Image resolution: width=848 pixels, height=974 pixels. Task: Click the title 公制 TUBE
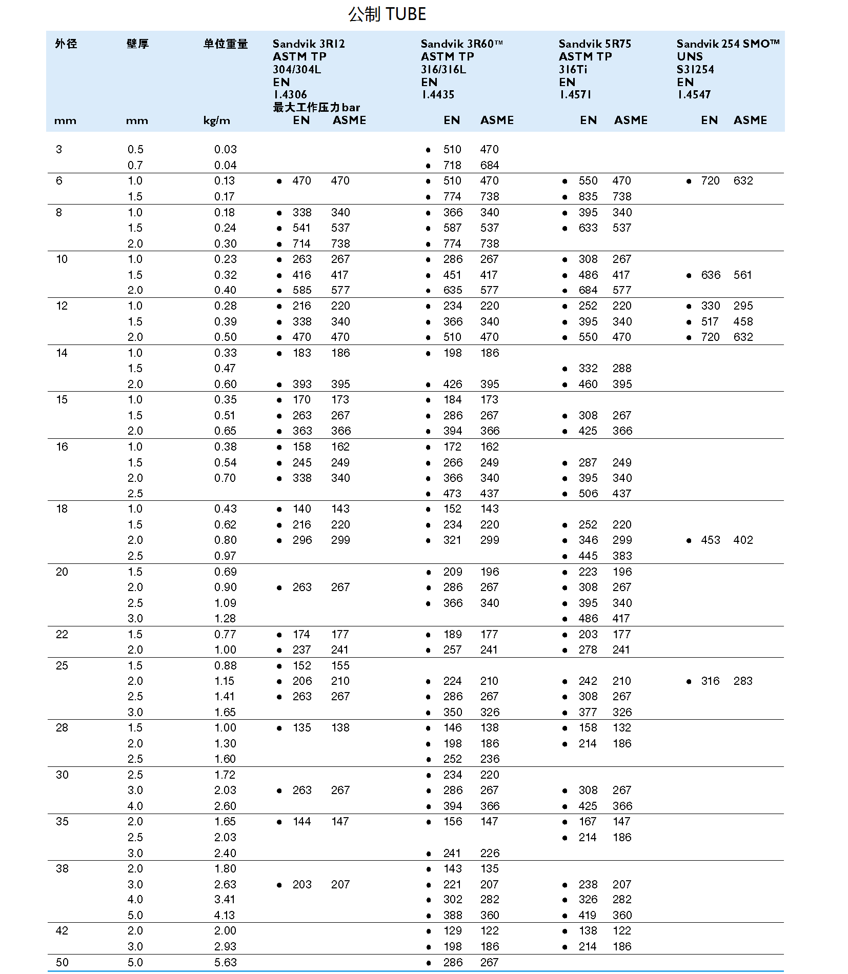387,14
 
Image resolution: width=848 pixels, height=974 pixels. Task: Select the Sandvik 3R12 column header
309,44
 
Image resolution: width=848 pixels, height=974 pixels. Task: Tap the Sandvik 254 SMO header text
728,44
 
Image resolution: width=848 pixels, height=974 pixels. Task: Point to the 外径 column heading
66,44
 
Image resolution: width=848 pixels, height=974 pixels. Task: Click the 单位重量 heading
226,44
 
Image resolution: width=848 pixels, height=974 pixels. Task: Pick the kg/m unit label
217,121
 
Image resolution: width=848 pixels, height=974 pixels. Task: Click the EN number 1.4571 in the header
575,95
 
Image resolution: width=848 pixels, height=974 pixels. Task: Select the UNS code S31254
695,70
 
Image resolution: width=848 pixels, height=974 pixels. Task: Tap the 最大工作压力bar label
316,108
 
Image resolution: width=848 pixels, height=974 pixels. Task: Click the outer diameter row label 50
62,962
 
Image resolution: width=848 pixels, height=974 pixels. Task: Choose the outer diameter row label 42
62,930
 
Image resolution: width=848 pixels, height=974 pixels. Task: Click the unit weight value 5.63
226,962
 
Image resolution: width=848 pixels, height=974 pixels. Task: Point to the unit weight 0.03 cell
226,150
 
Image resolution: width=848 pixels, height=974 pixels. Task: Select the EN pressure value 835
588,196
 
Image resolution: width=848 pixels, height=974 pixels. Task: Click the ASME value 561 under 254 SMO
742,275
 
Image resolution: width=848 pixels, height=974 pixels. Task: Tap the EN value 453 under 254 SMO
711,540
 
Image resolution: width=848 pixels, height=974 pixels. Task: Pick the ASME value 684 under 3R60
490,165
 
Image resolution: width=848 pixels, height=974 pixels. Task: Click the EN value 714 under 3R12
301,243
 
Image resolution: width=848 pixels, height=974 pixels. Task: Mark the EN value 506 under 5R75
588,493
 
